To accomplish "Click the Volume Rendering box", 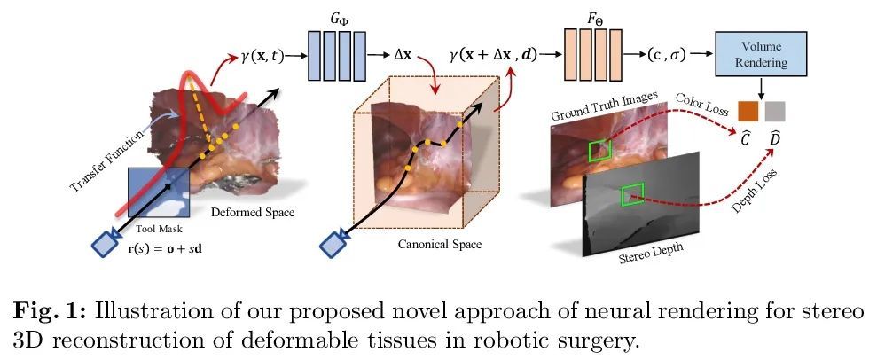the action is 761,54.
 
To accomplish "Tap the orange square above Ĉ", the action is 748,111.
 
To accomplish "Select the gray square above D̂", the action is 775,111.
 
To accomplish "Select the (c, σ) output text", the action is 666,55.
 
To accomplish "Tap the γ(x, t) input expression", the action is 262,56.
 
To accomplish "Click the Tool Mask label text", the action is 160,228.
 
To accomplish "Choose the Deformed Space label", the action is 253,213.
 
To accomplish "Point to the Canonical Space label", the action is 440,245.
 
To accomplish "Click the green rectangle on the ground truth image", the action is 600,149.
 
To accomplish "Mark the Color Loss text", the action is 702,105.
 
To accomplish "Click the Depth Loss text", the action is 755,192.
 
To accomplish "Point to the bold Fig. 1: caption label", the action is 50,312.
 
